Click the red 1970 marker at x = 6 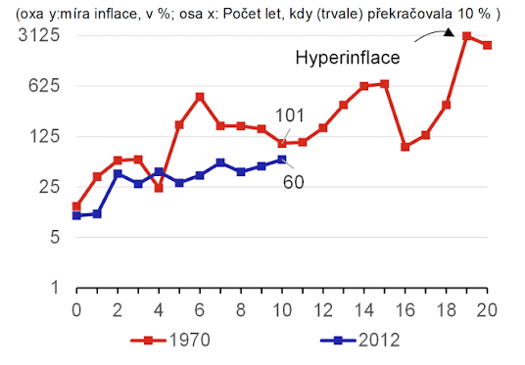click(200, 97)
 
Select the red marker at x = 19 click(467, 36)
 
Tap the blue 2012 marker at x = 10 click(282, 160)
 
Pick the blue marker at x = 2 click(118, 173)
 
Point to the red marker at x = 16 click(406, 147)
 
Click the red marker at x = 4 click(159, 188)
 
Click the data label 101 click(290, 115)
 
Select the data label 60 click(294, 182)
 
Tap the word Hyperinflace click(348, 58)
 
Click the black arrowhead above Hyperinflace click(449, 32)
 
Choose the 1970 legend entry click(170, 341)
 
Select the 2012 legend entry click(359, 341)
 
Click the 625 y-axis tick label click(44, 86)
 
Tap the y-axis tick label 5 click(55, 237)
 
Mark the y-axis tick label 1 click(55, 288)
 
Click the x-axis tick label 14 click(364, 310)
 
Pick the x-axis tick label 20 click(487, 310)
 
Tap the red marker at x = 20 click(487, 45)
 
